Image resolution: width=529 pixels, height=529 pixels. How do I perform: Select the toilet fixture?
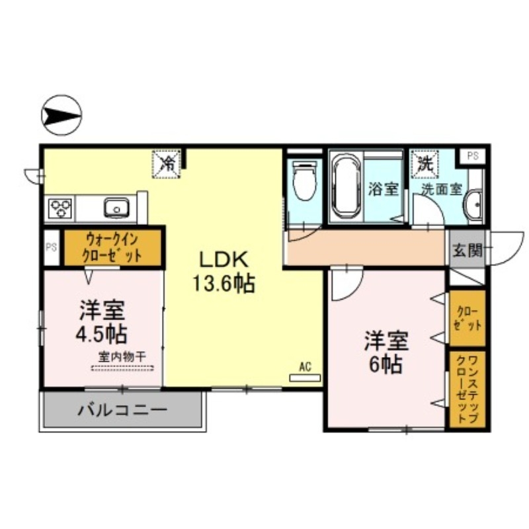[x=305, y=181]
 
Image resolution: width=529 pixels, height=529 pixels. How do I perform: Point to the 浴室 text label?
[x=383, y=188]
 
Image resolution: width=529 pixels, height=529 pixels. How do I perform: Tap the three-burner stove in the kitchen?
[x=60, y=209]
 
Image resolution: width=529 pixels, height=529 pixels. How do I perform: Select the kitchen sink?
[x=116, y=208]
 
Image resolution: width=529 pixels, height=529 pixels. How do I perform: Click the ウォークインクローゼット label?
[x=112, y=248]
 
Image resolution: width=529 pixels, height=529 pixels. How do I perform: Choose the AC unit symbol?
[x=305, y=378]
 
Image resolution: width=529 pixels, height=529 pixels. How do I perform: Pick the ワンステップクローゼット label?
[x=468, y=389]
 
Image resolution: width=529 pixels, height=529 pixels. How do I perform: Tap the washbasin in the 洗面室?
[x=474, y=206]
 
